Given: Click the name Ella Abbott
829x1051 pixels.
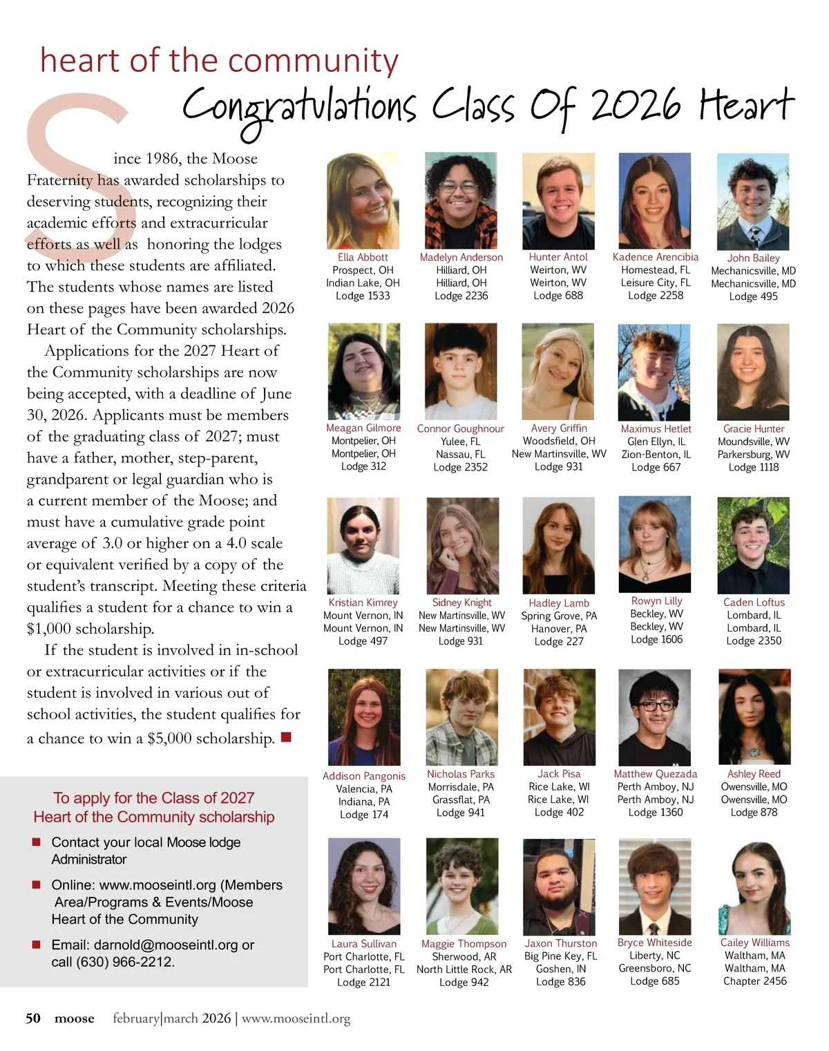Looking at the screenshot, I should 363,257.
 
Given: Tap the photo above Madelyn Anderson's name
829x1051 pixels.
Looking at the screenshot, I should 461,200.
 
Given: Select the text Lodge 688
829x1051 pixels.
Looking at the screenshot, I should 558,295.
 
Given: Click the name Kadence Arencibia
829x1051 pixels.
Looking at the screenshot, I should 655,257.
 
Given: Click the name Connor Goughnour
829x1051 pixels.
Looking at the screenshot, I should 460,428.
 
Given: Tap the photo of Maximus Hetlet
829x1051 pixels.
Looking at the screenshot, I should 655,372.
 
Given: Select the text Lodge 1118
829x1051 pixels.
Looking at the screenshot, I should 753,467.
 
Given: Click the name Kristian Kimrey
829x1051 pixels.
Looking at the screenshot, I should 363,603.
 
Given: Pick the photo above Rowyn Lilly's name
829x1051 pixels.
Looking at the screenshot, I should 655,545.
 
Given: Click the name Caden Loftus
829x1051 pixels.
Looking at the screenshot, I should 754,602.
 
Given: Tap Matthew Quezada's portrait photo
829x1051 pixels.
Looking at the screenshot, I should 655,717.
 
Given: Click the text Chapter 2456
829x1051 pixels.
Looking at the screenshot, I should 754,981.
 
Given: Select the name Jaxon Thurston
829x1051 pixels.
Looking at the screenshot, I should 560,943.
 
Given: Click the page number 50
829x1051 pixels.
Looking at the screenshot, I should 33,1018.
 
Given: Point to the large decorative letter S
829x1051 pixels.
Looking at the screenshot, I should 76,173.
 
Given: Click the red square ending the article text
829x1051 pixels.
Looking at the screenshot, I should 286,737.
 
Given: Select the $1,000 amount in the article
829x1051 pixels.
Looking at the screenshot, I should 53,629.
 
